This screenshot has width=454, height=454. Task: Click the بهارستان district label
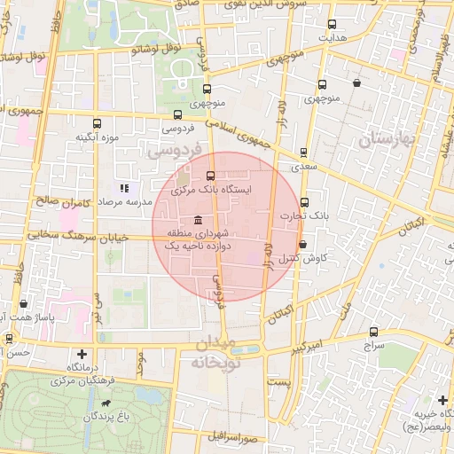pos(387,140)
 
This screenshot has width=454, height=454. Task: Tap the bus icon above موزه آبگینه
pos(96,124)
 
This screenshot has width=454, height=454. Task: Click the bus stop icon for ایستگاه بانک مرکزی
pos(210,176)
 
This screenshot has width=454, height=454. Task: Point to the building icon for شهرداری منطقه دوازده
pos(196,220)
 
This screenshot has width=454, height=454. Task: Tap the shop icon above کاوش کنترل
pos(302,245)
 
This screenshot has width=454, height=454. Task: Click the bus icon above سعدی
pos(304,153)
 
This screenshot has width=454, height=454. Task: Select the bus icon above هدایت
pos(332,25)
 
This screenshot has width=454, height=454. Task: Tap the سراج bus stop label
pos(372,346)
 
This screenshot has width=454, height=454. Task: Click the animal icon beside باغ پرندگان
pos(106,404)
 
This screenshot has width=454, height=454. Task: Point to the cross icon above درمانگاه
pos(82,354)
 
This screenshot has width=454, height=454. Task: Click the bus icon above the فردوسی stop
pos(177,114)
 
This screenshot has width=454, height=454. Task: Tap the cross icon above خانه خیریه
pos(442,400)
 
